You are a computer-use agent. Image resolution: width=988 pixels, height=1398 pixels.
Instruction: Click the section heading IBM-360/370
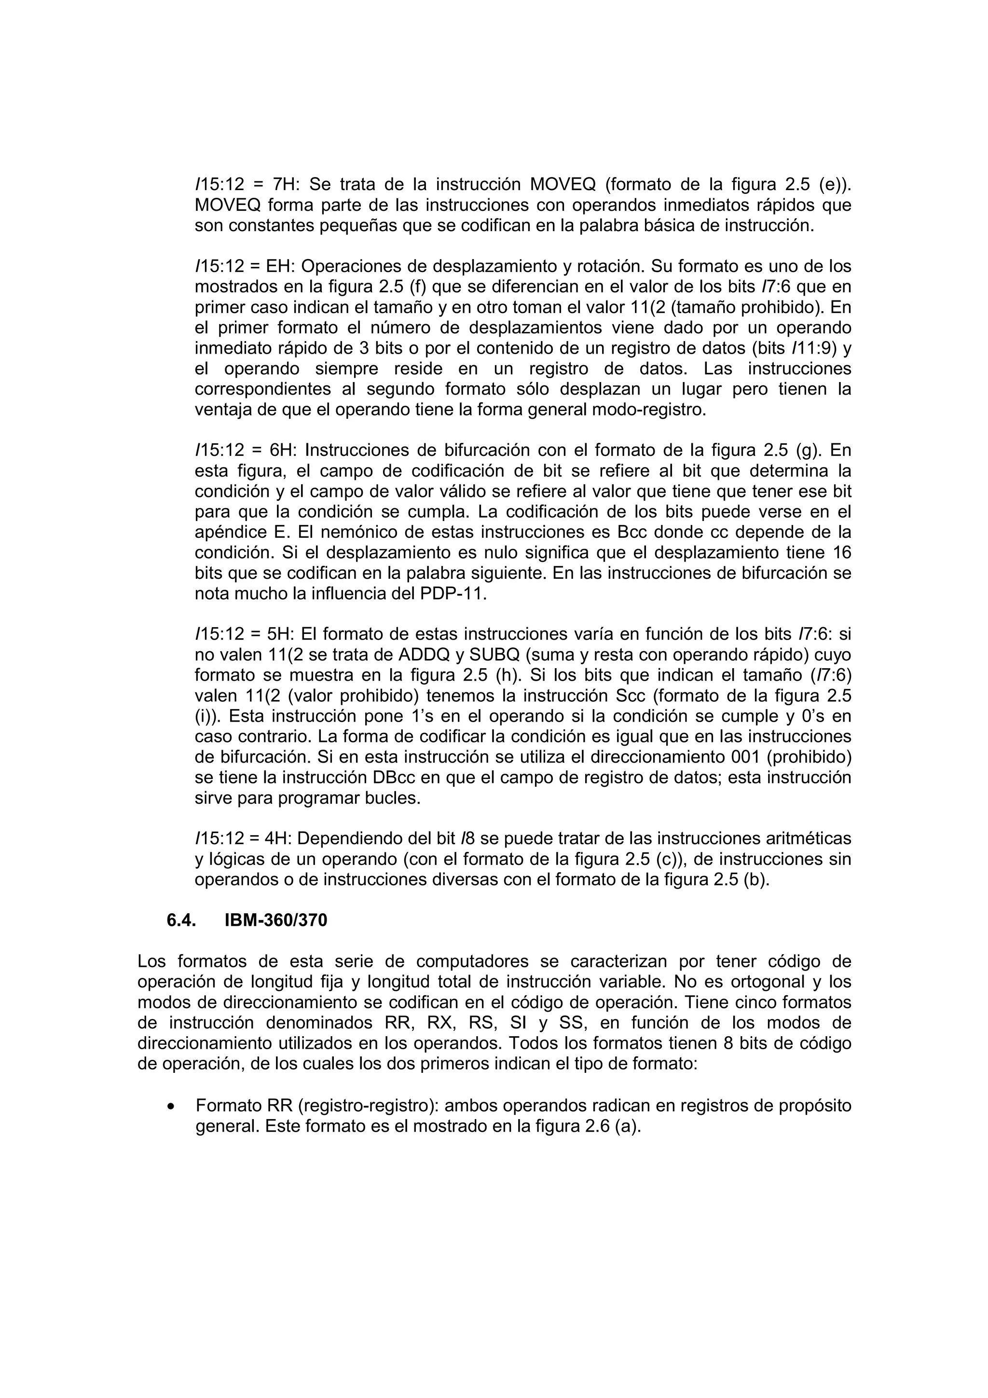[276, 920]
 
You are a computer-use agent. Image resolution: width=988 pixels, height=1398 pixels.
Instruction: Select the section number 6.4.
[181, 920]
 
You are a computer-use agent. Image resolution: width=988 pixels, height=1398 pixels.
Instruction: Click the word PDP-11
[453, 594]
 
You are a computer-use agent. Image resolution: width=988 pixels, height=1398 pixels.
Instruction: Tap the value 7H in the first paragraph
[284, 184]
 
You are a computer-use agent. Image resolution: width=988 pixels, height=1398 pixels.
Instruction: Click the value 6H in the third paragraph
[283, 450]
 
